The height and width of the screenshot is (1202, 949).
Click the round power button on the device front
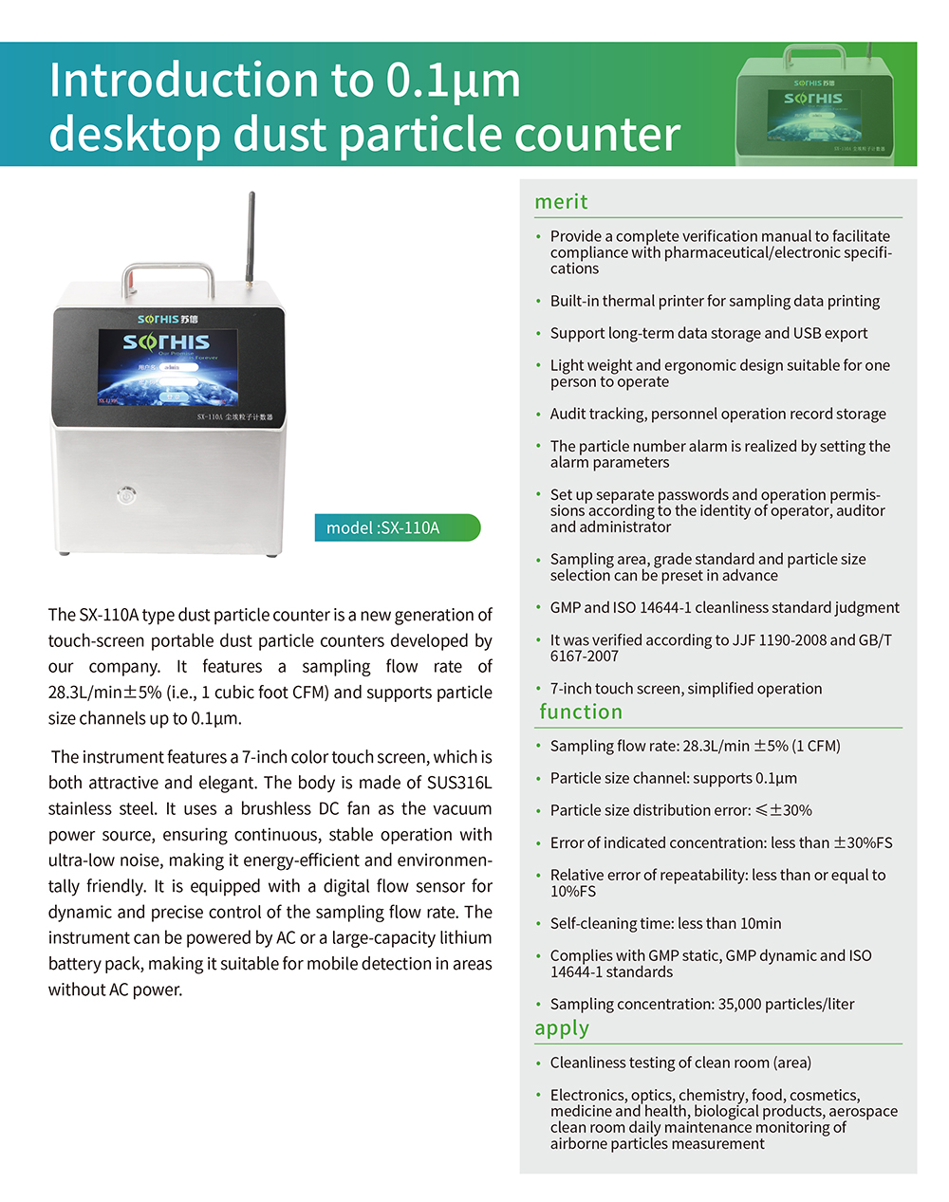(126, 494)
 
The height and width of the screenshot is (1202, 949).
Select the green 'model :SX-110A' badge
(397, 527)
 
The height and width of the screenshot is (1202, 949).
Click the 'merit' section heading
(561, 201)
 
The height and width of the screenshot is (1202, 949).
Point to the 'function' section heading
(581, 712)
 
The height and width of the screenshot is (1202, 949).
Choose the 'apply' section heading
(562, 1028)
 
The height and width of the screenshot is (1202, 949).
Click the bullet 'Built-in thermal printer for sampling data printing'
(715, 301)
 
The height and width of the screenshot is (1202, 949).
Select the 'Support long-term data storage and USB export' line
(708, 333)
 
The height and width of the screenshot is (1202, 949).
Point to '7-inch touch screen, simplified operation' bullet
(685, 688)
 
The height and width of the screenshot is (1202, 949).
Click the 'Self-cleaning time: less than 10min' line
(665, 923)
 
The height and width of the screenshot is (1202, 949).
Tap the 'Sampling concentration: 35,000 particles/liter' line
(701, 1004)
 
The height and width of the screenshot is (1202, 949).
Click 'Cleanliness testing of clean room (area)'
(680, 1063)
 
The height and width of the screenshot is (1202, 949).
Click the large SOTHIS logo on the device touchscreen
(166, 342)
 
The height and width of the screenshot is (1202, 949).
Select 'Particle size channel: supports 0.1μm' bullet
(673, 778)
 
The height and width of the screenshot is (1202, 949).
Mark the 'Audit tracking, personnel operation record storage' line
(717, 414)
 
